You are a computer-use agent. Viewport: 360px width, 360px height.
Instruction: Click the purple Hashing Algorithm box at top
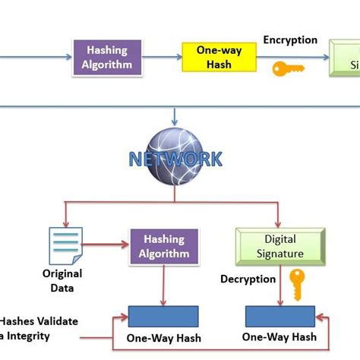pyautogui.click(x=107, y=57)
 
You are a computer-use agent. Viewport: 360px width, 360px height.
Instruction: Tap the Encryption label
pyautogui.click(x=290, y=40)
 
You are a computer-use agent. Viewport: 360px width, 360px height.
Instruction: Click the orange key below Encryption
pyautogui.click(x=288, y=68)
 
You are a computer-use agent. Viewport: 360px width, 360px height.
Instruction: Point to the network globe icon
pyautogui.click(x=175, y=156)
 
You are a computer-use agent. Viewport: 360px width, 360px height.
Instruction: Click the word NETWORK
pyautogui.click(x=175, y=159)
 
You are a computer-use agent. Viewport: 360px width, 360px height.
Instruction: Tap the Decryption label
pyautogui.click(x=248, y=279)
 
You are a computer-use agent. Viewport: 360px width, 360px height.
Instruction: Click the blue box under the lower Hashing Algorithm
pyautogui.click(x=163, y=316)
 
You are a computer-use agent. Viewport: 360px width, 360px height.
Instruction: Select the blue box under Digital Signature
pyautogui.click(x=279, y=316)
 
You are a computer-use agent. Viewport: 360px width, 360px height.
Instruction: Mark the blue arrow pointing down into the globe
pyautogui.click(x=175, y=115)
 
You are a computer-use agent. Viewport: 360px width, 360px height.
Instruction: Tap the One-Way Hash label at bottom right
pyautogui.click(x=279, y=336)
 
